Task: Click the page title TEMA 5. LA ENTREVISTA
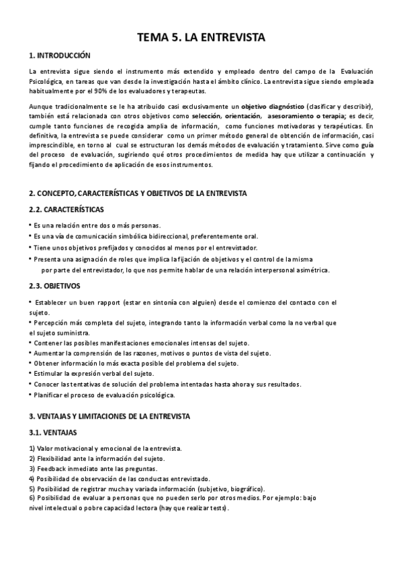click(201, 38)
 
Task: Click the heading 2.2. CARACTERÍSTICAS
click(66, 209)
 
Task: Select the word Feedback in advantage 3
click(53, 468)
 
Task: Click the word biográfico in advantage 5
click(244, 488)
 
